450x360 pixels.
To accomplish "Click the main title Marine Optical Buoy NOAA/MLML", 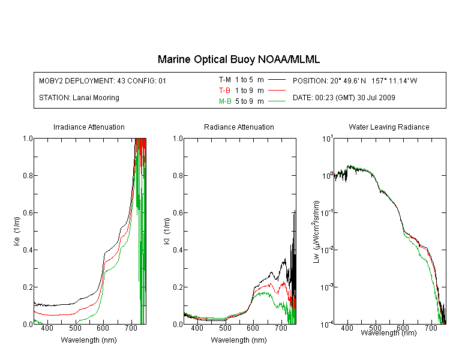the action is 239,59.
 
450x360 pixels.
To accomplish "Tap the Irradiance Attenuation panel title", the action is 89,127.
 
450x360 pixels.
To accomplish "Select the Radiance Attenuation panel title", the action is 239,127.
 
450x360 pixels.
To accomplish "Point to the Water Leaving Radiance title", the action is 389,127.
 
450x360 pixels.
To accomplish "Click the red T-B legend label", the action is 224,91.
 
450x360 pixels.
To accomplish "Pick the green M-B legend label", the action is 225,101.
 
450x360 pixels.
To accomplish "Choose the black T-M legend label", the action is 225,80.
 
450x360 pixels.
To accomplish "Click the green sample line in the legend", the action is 277,101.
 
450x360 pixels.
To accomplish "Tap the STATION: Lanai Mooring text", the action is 79,98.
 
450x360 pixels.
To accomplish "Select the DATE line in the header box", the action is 344,98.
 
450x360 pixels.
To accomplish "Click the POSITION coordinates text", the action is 355,80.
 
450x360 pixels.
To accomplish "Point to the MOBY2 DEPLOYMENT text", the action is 103,80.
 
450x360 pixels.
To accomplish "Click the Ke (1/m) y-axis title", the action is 17,231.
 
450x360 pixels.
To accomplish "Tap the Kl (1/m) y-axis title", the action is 167,231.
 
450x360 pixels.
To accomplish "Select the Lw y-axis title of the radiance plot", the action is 316,232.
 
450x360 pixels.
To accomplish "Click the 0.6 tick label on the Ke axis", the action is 28,213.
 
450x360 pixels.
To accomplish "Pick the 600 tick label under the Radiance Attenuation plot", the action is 253,328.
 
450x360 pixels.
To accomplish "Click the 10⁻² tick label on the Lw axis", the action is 327,250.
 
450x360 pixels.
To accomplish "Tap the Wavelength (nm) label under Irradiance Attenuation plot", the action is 89,340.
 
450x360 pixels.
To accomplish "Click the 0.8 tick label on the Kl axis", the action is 178,175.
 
